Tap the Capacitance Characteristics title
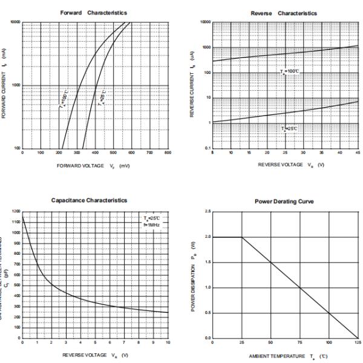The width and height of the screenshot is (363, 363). [x=90, y=200]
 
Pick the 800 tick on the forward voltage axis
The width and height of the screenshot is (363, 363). [x=168, y=152]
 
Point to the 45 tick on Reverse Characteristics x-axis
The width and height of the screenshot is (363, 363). [x=358, y=152]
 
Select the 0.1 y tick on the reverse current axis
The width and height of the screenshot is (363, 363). [x=207, y=148]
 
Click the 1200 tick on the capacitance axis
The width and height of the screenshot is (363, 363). [x=16, y=211]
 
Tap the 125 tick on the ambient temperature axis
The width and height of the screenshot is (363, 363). [x=358, y=343]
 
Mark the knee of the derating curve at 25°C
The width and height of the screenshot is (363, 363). [x=241, y=237]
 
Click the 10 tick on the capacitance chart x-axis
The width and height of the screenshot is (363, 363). [x=168, y=343]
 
